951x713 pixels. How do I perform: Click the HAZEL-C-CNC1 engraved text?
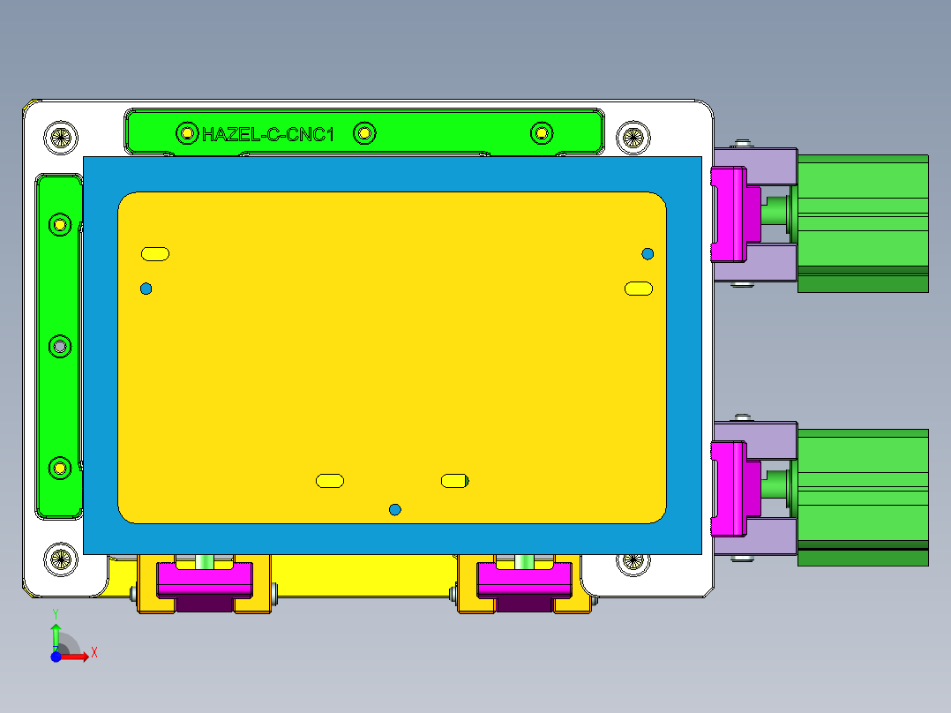click(x=267, y=134)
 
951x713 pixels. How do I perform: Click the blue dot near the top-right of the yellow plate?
click(x=648, y=254)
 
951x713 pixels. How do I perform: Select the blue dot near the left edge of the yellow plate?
click(x=146, y=289)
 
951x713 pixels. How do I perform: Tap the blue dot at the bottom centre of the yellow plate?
click(x=394, y=509)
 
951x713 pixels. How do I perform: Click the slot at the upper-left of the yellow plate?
click(x=155, y=254)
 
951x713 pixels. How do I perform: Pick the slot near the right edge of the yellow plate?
click(x=639, y=289)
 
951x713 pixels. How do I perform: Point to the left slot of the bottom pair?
click(x=330, y=481)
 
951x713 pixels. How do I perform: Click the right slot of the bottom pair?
click(x=454, y=481)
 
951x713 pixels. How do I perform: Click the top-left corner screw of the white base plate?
click(x=59, y=137)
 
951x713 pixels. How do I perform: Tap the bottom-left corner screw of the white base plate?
click(x=59, y=558)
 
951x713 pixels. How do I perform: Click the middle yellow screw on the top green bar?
click(x=364, y=133)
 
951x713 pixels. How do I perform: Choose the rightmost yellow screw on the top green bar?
click(x=542, y=132)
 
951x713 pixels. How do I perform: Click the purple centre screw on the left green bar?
click(x=59, y=346)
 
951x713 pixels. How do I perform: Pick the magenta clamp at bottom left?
click(x=203, y=580)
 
